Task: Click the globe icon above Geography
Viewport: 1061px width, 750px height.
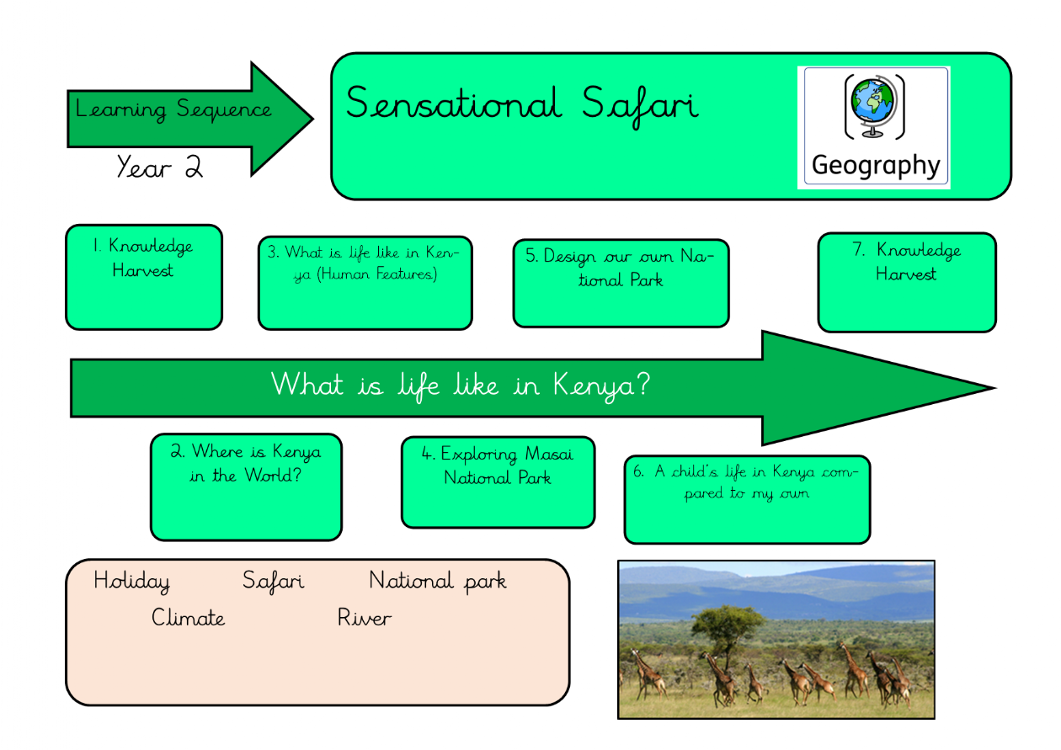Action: [x=874, y=107]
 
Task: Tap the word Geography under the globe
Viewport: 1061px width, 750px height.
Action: [x=876, y=166]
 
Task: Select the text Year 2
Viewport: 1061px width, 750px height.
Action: [x=160, y=167]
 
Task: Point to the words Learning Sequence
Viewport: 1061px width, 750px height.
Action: [x=173, y=109]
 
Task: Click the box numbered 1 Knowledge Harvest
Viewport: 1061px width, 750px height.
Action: [x=144, y=278]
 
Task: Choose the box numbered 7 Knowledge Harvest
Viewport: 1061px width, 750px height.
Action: [x=907, y=283]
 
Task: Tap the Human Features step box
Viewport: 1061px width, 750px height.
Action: [x=365, y=283]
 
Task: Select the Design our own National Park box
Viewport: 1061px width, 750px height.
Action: [x=621, y=283]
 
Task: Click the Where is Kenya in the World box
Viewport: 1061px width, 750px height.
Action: [x=246, y=487]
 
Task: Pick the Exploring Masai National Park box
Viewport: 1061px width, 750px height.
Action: [x=499, y=482]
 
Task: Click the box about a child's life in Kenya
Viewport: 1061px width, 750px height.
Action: [x=748, y=500]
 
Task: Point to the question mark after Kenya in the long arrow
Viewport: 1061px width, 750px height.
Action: [x=642, y=384]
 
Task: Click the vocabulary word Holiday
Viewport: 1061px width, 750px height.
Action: [x=131, y=582]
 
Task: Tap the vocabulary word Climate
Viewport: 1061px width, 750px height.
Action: [x=188, y=618]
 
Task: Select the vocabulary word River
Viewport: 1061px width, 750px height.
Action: [x=365, y=618]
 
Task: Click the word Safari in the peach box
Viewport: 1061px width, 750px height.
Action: [x=274, y=582]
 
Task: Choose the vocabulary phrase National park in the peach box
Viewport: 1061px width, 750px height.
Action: [x=438, y=582]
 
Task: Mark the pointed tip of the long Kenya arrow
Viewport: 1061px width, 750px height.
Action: [x=994, y=388]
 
